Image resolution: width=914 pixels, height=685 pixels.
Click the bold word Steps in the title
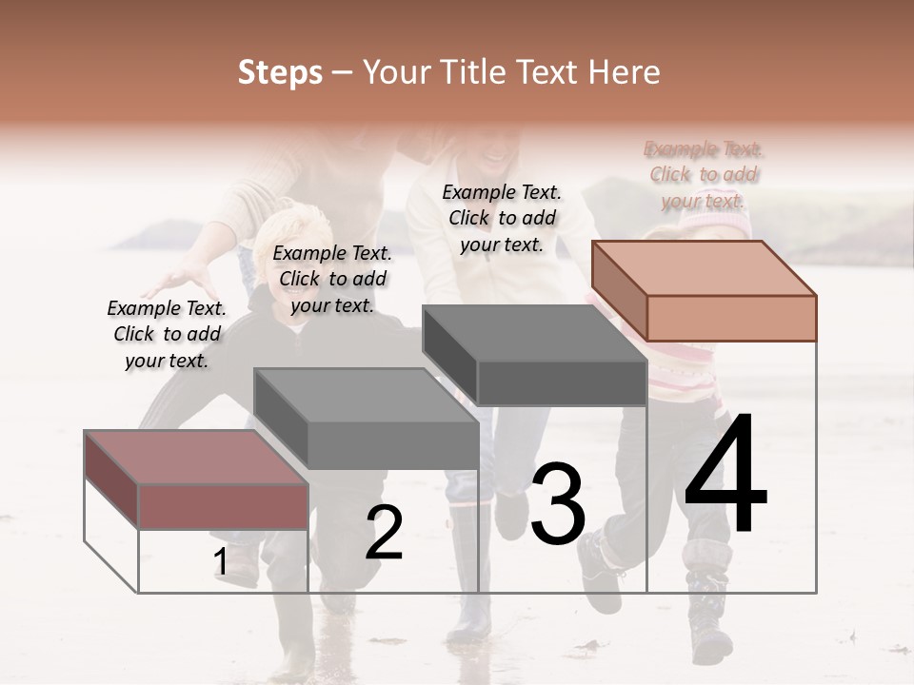pos(280,72)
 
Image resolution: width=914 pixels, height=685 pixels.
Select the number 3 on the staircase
pos(557,503)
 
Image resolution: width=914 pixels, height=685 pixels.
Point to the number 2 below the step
pos(384,533)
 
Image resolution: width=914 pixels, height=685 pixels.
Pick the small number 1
pos(220,562)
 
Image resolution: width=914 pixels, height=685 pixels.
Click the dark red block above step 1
pos(197,480)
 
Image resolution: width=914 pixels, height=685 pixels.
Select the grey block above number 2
pos(367,419)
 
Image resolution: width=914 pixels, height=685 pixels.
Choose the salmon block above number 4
pos(705,291)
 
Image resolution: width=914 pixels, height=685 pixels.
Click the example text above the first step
pos(167,334)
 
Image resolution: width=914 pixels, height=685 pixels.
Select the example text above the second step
pos(332,279)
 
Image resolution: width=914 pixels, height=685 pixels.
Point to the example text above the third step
pos(502,218)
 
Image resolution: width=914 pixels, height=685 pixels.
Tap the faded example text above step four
pos(704,174)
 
